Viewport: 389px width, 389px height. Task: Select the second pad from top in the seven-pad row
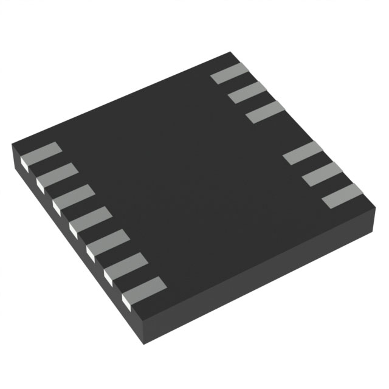click(58, 174)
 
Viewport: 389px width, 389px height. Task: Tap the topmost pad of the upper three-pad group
click(230, 73)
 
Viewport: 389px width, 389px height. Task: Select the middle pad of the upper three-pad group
click(248, 92)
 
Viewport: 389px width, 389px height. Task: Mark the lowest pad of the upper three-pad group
click(266, 111)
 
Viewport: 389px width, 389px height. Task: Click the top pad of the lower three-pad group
click(302, 151)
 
